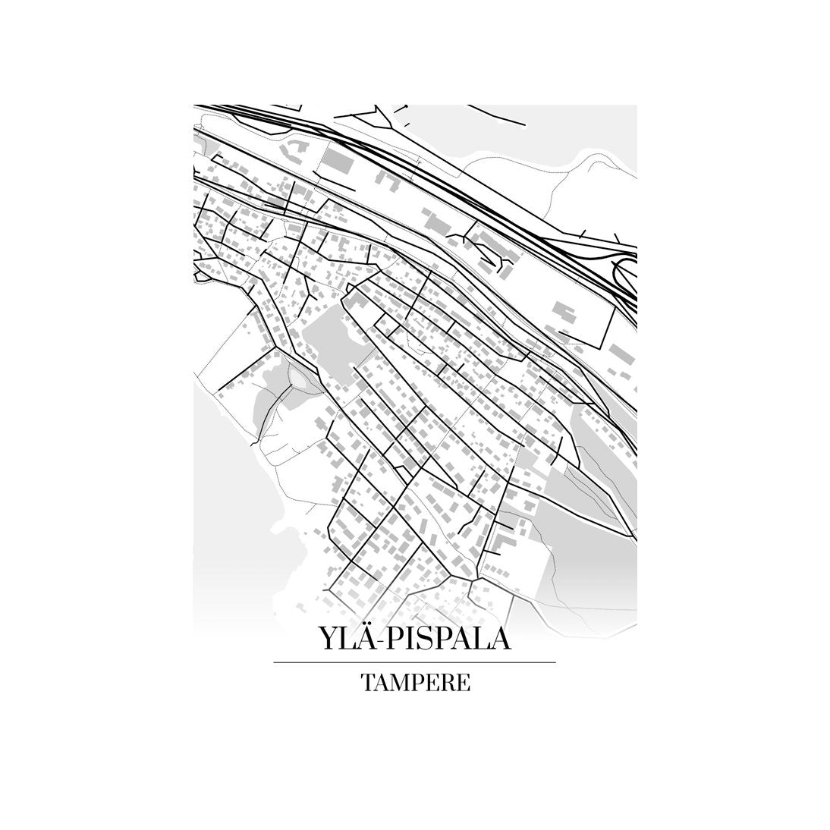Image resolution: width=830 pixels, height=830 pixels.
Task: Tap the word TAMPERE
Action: (x=415, y=683)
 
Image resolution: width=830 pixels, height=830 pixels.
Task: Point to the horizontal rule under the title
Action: (x=414, y=662)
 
